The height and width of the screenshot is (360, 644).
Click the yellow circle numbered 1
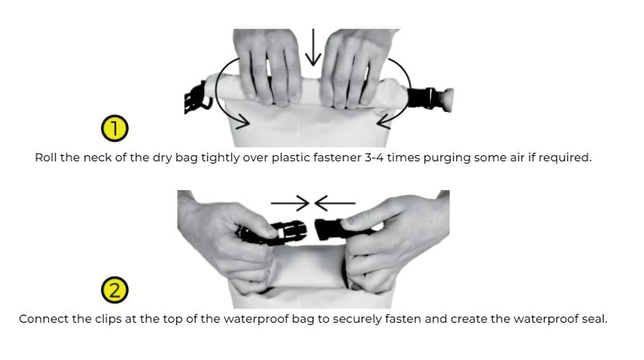click(115, 128)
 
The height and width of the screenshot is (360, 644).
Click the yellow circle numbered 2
click(115, 290)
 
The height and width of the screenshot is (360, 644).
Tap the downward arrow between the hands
click(313, 47)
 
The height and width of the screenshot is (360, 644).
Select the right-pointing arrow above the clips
click(290, 202)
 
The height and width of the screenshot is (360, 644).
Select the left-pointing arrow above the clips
click(334, 202)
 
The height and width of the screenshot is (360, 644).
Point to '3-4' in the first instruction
click(374, 157)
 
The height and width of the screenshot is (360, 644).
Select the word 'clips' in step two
click(108, 320)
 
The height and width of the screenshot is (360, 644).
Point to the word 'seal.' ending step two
click(594, 319)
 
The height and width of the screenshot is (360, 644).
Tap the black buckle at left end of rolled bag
click(195, 98)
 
